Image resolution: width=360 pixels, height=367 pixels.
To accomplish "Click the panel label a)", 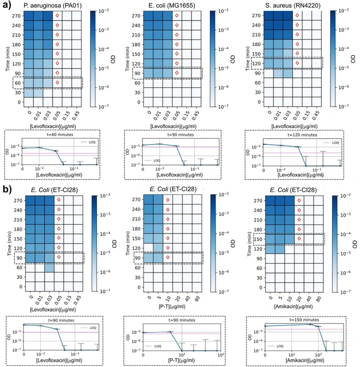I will click(x=6, y=6).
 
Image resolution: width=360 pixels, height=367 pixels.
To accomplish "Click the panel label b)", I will click(x=6, y=190).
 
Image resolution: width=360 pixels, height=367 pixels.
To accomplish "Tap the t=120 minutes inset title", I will click(x=289, y=135).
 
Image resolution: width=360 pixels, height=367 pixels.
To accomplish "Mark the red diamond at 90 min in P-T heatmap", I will click(x=168, y=257).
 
